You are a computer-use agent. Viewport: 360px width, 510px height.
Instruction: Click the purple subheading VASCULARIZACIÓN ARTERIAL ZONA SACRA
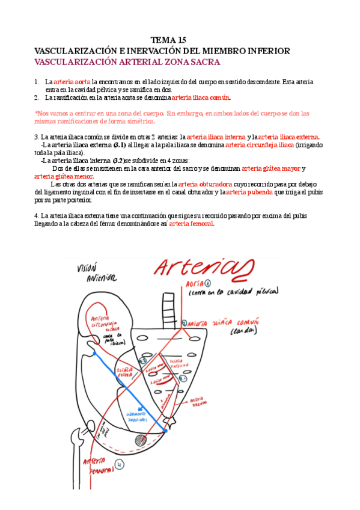click(x=127, y=62)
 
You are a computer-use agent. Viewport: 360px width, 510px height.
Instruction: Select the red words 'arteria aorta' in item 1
click(x=72, y=82)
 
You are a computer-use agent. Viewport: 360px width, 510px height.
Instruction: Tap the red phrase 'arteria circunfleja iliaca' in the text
click(x=260, y=145)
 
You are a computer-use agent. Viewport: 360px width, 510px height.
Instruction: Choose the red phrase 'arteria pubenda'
click(x=248, y=192)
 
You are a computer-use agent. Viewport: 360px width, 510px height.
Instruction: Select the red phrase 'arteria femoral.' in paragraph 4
click(x=191, y=224)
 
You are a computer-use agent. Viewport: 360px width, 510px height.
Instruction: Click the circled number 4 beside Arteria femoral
click(x=120, y=464)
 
